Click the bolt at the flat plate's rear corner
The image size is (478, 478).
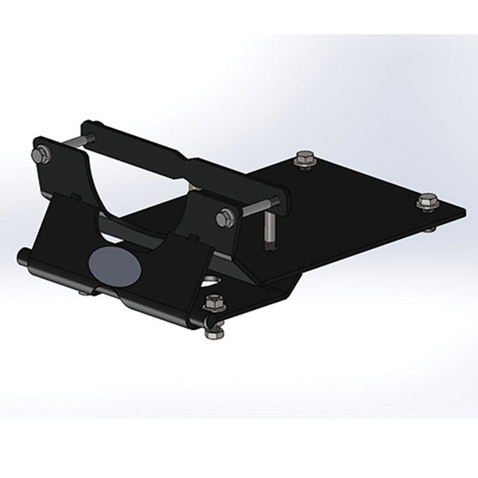point(303,160)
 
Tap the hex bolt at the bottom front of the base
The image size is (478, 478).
point(213,304)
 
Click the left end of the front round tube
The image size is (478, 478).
point(22,256)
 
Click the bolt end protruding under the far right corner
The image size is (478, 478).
point(431,225)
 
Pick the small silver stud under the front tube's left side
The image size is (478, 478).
point(82,296)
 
